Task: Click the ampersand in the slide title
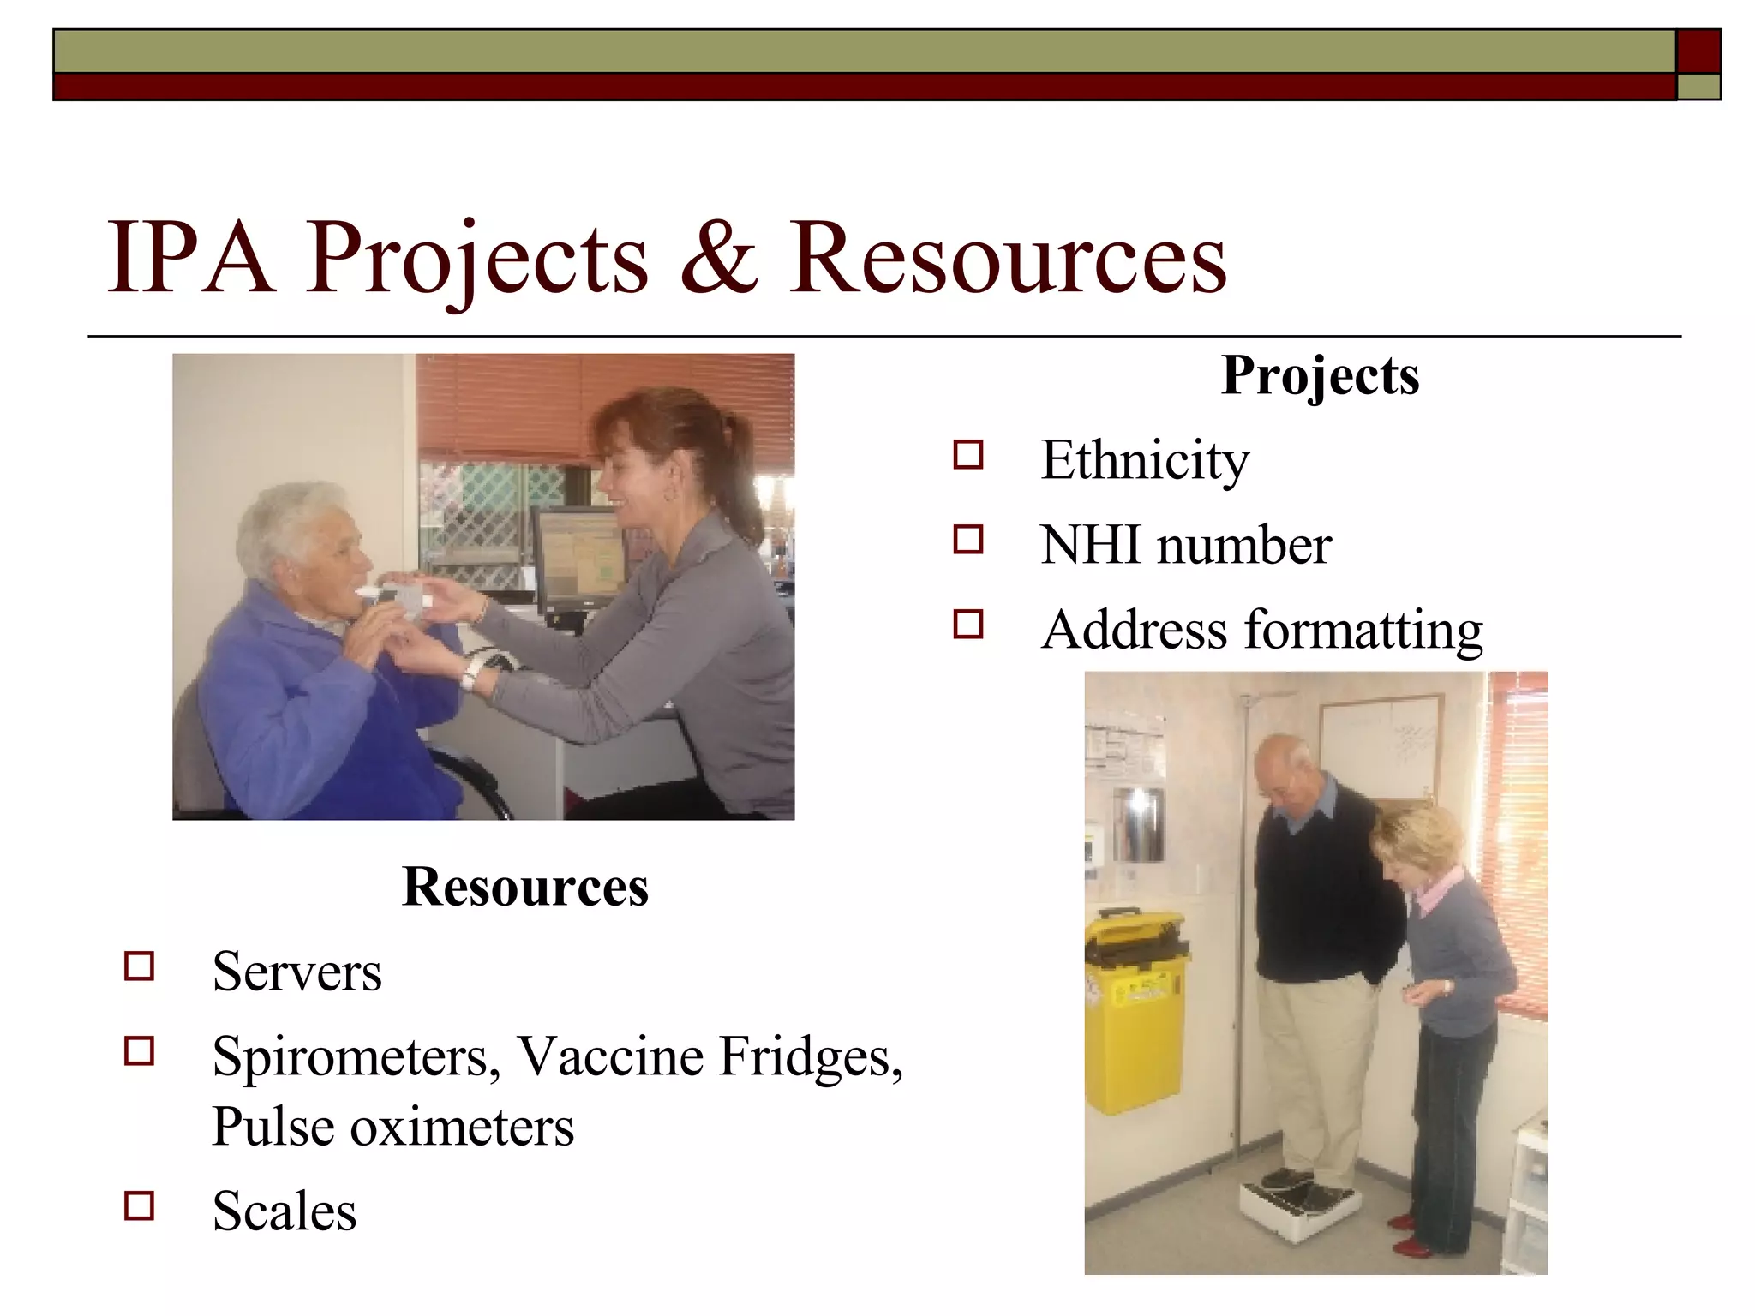(718, 257)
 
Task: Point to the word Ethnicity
(1144, 460)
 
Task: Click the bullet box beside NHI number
(967, 540)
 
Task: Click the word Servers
(296, 972)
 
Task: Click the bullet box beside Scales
(139, 1205)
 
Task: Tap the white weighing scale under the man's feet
(1298, 1199)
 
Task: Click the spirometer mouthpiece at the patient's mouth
(377, 591)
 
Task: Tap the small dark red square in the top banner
(1698, 51)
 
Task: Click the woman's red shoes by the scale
(1410, 1234)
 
